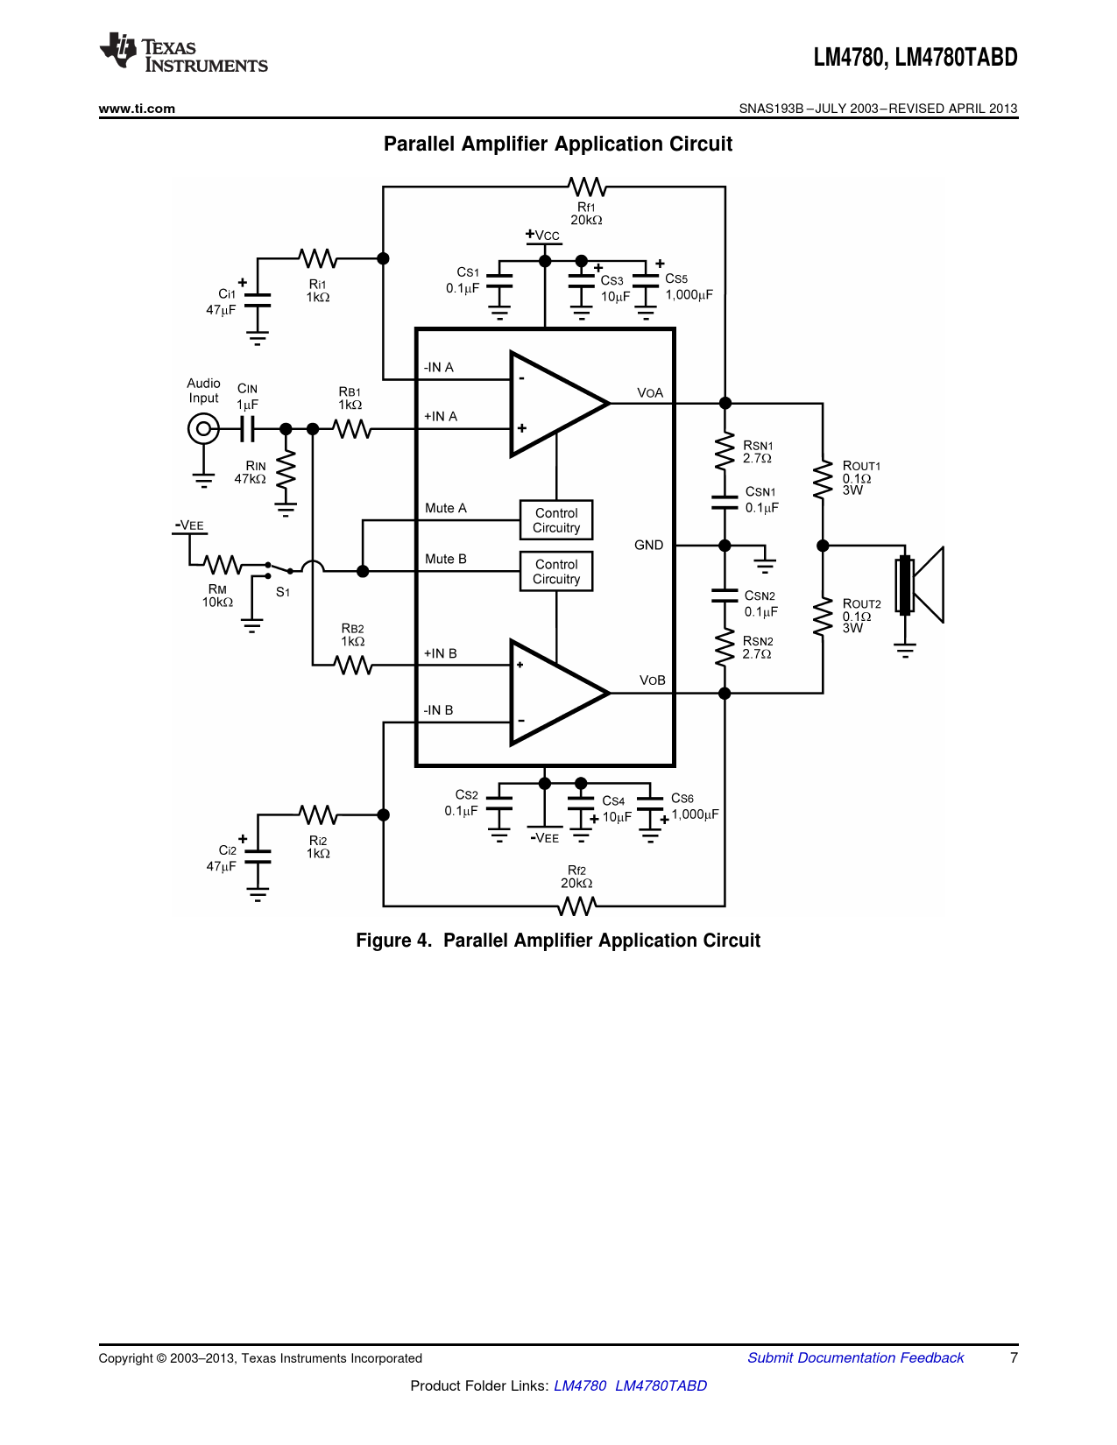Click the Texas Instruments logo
pos(184,52)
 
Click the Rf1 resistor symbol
pos(587,187)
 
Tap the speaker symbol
pos(919,584)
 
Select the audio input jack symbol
pos(203,429)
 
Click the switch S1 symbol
pos(279,569)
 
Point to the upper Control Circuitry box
pos(556,520)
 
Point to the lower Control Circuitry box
pos(556,571)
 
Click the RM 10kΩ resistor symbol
pos(223,565)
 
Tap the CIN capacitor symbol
pos(247,429)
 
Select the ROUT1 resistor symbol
pos(823,479)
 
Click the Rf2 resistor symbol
pos(576,906)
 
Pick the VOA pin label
pos(650,393)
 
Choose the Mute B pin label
pos(446,560)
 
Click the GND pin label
pos(648,546)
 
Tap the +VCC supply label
pos(543,236)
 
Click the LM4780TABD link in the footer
pos(661,1385)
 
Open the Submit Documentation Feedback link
pos(856,1357)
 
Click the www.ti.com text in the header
pos(137,109)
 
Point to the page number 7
pos(1014,1357)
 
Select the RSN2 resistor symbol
pos(725,647)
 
